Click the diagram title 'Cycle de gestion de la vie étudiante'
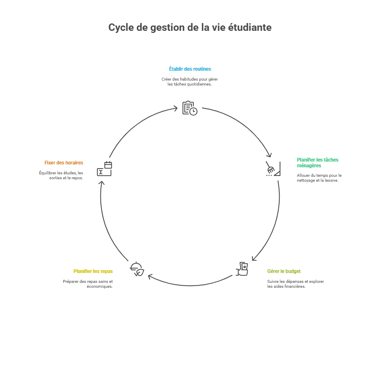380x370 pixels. [x=190, y=28]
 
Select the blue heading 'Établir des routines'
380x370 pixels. [x=190, y=69]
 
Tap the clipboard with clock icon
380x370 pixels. [x=190, y=108]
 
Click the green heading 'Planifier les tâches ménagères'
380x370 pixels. [x=317, y=162]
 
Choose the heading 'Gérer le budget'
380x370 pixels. [x=284, y=271]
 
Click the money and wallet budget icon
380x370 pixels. [x=242, y=268]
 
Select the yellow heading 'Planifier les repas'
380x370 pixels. [x=93, y=271]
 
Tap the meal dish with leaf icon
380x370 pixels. [x=137, y=269]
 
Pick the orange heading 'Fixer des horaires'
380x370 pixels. [x=64, y=163]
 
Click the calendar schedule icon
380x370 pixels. [x=104, y=169]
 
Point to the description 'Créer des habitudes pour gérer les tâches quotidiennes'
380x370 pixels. [x=190, y=81]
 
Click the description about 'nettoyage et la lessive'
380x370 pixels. [x=319, y=178]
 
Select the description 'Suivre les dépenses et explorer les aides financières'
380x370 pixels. [x=295, y=284]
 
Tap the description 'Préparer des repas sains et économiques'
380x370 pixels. [x=88, y=284]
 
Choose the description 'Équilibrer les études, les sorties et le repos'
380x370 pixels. [x=61, y=175]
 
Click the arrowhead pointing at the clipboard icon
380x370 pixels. [x=176, y=109]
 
